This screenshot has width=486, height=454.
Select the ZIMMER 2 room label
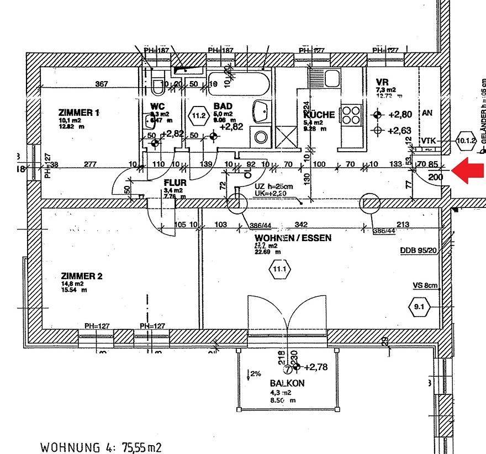pos(82,276)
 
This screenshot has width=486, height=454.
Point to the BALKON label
pos(287,383)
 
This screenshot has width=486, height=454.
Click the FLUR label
pos(175,183)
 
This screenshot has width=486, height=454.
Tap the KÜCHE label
pos(319,115)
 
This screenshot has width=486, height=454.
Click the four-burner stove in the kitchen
pos(350,115)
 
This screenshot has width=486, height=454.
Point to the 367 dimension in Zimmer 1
pos(101,84)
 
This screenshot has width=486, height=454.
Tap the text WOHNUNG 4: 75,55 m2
pos(101,446)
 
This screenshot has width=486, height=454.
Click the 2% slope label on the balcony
pos(255,373)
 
